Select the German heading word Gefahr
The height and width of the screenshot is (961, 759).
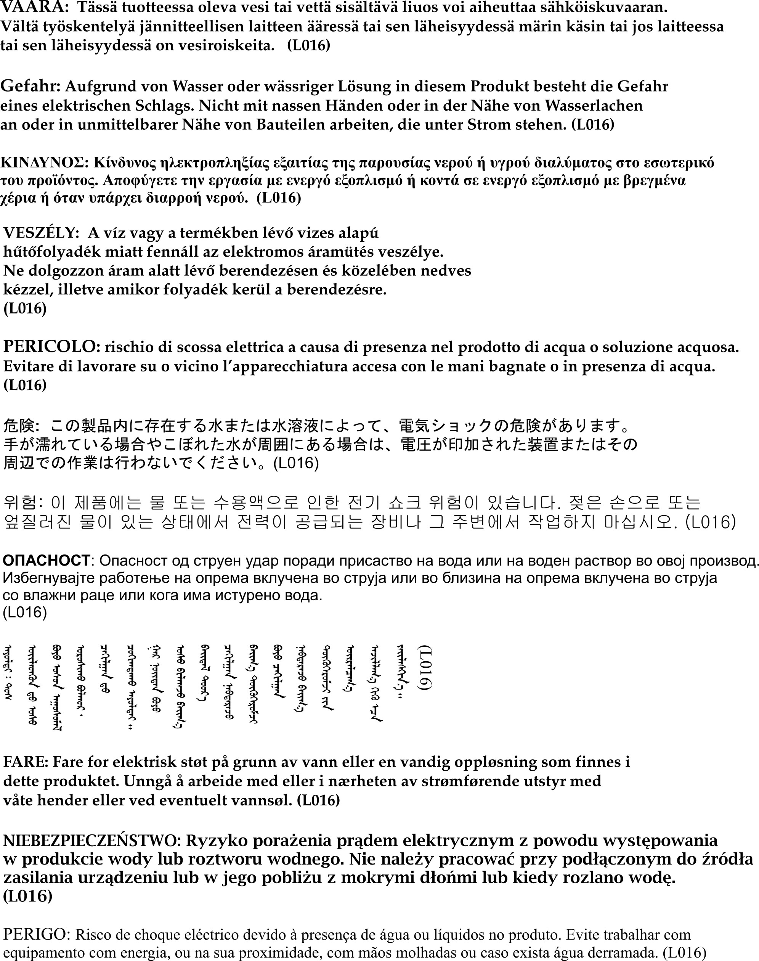(x=30, y=86)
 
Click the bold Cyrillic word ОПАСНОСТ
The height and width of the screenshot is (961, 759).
(x=46, y=561)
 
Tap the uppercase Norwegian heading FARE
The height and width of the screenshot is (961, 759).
(x=25, y=762)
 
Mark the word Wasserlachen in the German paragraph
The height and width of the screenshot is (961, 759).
(x=593, y=105)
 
